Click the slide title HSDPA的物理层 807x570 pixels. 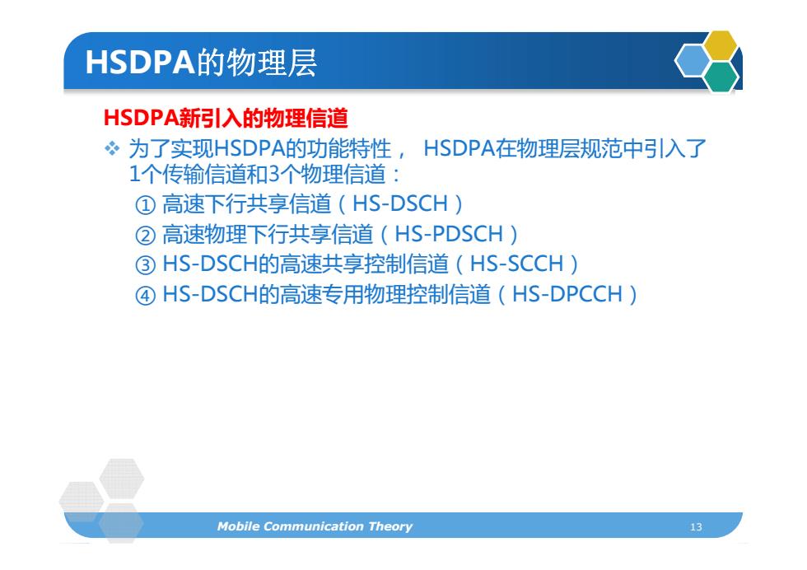tap(201, 63)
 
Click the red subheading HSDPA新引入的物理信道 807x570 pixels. tap(226, 118)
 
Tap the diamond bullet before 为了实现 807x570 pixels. tap(112, 149)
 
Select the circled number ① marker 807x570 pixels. tap(145, 205)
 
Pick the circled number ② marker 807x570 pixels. tap(145, 236)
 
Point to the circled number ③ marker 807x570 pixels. tap(145, 265)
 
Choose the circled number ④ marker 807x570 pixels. tap(145, 296)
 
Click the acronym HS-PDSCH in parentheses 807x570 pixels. tap(448, 234)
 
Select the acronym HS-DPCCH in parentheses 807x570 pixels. tap(567, 294)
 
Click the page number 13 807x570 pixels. tap(696, 526)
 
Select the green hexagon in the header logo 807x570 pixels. tap(721, 77)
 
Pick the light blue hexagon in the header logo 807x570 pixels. tap(693, 61)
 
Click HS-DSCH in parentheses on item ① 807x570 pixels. tap(400, 203)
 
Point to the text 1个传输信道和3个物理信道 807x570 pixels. tap(257, 174)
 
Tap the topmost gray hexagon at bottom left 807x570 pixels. tap(122, 479)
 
